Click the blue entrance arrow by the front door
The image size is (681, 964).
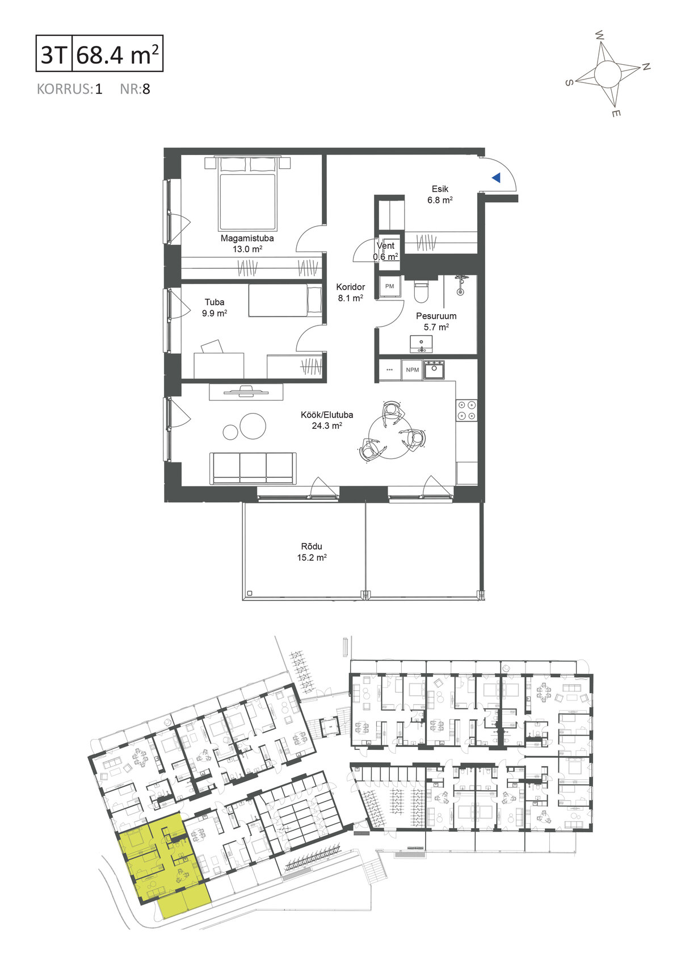click(497, 177)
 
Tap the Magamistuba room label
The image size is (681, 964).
click(247, 238)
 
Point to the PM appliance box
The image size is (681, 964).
click(389, 286)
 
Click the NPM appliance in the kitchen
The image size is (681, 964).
click(413, 370)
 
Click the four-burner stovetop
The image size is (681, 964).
click(466, 410)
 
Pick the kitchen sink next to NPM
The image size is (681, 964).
click(434, 370)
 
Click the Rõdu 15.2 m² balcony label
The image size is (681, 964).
click(312, 552)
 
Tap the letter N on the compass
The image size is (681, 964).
click(646, 66)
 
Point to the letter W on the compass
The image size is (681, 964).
click(599, 35)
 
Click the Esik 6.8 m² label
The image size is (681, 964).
click(440, 194)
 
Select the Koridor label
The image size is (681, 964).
click(351, 287)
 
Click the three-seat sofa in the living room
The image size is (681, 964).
click(253, 468)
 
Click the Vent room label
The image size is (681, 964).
click(386, 246)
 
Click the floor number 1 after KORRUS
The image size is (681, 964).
click(99, 89)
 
